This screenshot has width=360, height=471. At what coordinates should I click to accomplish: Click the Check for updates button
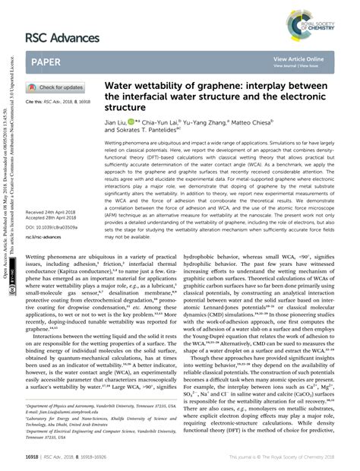coord(55,87)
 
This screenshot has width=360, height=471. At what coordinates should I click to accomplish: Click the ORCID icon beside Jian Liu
coord(134,121)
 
